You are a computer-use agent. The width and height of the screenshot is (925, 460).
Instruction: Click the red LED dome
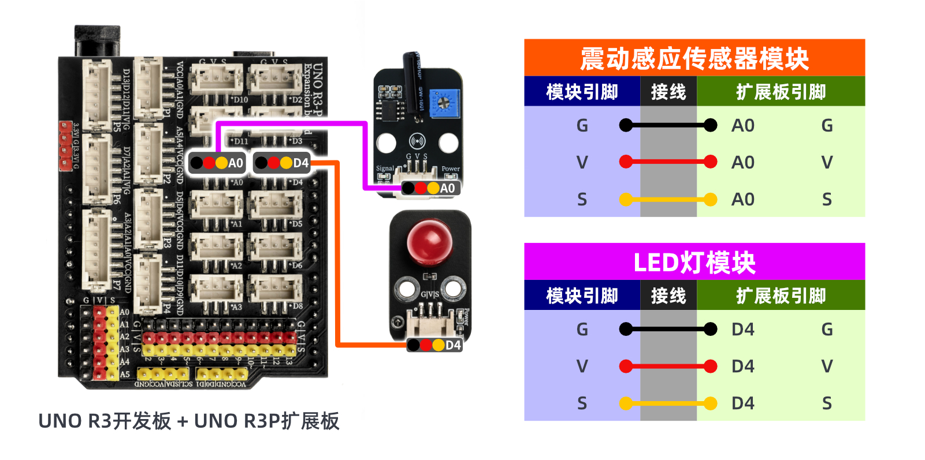coord(429,239)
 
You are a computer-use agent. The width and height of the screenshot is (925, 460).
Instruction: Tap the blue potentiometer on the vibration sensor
coord(444,103)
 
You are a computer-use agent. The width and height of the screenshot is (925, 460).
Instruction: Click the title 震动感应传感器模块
coord(694,58)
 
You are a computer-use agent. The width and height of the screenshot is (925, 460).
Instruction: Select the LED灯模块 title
coord(694,263)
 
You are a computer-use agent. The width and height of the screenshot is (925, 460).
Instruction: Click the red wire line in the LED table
coord(668,366)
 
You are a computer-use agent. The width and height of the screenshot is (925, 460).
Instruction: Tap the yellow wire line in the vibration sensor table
coord(668,200)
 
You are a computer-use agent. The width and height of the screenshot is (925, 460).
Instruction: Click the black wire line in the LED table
coord(668,329)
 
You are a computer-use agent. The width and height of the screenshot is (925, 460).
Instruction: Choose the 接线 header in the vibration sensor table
coord(668,92)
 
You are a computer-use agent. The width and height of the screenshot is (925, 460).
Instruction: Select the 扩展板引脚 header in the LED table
coord(781,296)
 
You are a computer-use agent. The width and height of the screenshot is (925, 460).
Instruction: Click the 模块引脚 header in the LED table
coord(582,296)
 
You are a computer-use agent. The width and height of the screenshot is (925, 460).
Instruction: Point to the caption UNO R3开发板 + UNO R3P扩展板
coord(188,421)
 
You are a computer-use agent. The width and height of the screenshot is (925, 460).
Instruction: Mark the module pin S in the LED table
coord(582,403)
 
